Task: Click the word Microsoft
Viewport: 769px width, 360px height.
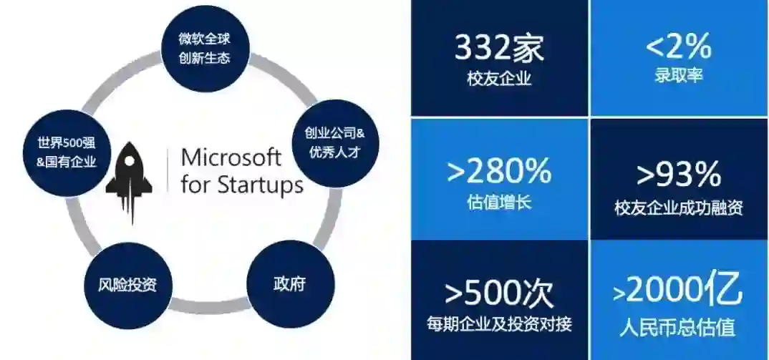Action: [231, 157]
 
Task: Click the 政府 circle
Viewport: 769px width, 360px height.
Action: [289, 284]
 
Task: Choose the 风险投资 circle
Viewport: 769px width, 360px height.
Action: [127, 285]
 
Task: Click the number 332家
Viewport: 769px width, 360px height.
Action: [499, 48]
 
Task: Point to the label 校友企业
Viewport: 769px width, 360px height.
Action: [499, 79]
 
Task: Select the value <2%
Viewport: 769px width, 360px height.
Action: [678, 48]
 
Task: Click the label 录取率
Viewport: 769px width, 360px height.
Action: [678, 75]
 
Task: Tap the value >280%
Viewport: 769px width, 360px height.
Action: [499, 172]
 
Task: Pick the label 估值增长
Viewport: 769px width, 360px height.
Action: [499, 202]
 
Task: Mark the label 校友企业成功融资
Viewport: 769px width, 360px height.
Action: [678, 208]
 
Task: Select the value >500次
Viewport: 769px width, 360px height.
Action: [499, 292]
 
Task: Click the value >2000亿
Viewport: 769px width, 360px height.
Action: [678, 291]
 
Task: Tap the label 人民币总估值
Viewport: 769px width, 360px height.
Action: [678, 326]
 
